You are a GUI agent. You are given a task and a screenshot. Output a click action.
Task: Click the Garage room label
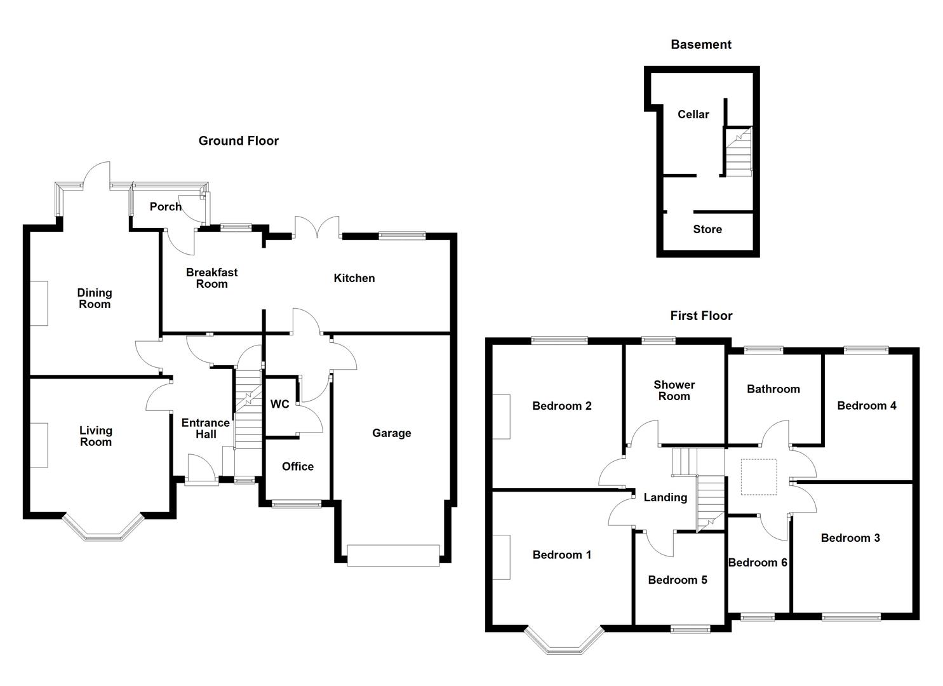(391, 433)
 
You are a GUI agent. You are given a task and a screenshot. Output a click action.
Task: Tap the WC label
(279, 404)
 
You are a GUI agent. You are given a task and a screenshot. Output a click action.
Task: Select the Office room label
(297, 466)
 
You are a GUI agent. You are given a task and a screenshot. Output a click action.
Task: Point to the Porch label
(165, 206)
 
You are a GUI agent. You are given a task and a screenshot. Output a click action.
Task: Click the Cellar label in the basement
(693, 114)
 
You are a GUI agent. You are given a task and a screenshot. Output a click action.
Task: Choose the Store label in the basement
(707, 229)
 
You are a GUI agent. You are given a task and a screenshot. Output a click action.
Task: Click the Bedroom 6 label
(758, 562)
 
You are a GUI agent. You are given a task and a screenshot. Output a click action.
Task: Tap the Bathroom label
(773, 389)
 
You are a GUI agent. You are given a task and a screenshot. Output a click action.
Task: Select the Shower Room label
(674, 390)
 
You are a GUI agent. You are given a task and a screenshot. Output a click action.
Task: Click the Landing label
(665, 497)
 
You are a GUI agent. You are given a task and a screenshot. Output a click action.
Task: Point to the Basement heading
(700, 44)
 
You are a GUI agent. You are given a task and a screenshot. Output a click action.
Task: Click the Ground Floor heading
(238, 141)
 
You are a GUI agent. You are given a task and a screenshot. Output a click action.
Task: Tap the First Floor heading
(701, 316)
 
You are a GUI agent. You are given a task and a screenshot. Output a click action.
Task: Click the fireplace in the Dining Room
(39, 304)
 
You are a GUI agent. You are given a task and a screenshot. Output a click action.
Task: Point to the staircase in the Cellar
(739, 152)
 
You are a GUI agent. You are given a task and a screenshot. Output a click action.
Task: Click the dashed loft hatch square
(759, 477)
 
